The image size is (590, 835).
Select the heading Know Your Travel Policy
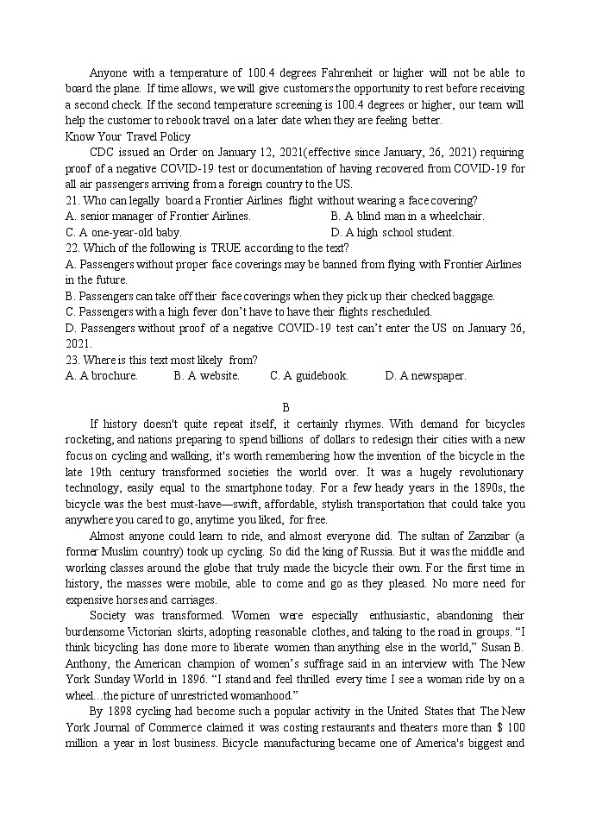[128, 136]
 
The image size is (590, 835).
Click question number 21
[72, 200]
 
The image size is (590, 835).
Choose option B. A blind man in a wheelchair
[407, 217]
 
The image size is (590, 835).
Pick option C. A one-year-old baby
[123, 232]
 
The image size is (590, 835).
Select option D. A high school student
[392, 232]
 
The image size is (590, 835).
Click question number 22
[72, 248]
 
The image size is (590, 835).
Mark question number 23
[72, 360]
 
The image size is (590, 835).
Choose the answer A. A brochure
[102, 376]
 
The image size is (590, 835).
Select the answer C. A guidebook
[309, 376]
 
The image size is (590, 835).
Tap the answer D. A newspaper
[425, 376]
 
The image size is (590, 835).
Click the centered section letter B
[286, 407]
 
